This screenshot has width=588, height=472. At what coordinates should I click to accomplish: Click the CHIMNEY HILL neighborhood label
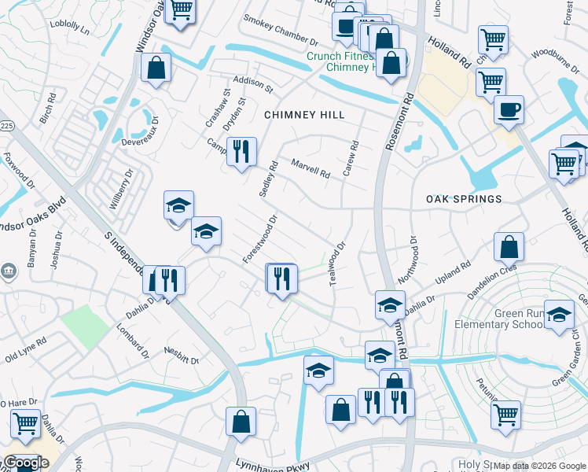coord(304,115)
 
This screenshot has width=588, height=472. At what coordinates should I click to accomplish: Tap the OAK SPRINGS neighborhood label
coord(464,199)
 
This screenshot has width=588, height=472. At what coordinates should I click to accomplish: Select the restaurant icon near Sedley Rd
coord(241,151)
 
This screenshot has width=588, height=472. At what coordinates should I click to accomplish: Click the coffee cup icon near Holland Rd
coord(509,109)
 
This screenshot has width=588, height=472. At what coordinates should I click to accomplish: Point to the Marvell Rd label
coord(311,168)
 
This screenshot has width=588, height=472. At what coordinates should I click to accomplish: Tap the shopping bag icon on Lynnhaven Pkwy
coord(241,421)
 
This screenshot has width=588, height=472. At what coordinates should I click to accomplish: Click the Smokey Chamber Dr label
coord(280,30)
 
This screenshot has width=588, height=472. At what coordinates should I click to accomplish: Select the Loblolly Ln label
coord(69,25)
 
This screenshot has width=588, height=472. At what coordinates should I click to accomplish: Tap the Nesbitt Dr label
coord(182,355)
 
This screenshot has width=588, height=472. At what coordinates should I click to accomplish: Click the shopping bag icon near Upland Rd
coord(509,246)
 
